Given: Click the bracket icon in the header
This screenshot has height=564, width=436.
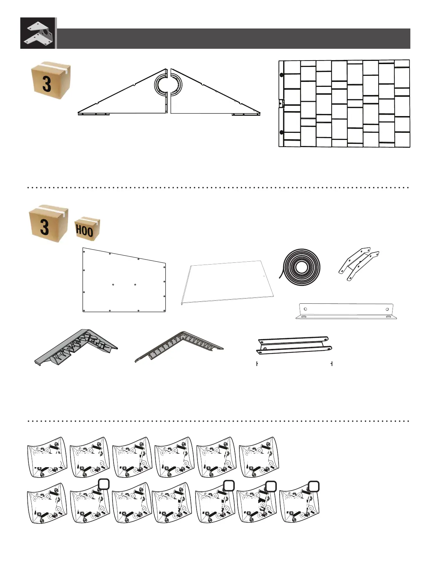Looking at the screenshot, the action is click(38, 33).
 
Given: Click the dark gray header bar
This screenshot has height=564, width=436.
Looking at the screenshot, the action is click(233, 38).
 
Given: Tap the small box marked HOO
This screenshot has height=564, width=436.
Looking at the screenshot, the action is click(87, 229).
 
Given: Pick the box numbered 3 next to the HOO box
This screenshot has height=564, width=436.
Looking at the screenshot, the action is click(48, 224).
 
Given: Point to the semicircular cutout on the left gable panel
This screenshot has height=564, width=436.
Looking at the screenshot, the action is click(161, 85).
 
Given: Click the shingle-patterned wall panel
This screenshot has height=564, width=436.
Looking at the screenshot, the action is click(344, 104).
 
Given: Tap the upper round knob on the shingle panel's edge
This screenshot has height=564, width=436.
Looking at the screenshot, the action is click(281, 75).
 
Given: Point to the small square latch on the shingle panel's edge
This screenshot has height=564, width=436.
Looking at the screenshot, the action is click(281, 103).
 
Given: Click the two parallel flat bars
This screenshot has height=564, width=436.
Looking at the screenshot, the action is click(294, 345).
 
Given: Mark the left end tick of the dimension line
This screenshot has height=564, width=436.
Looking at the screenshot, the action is click(257, 364).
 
